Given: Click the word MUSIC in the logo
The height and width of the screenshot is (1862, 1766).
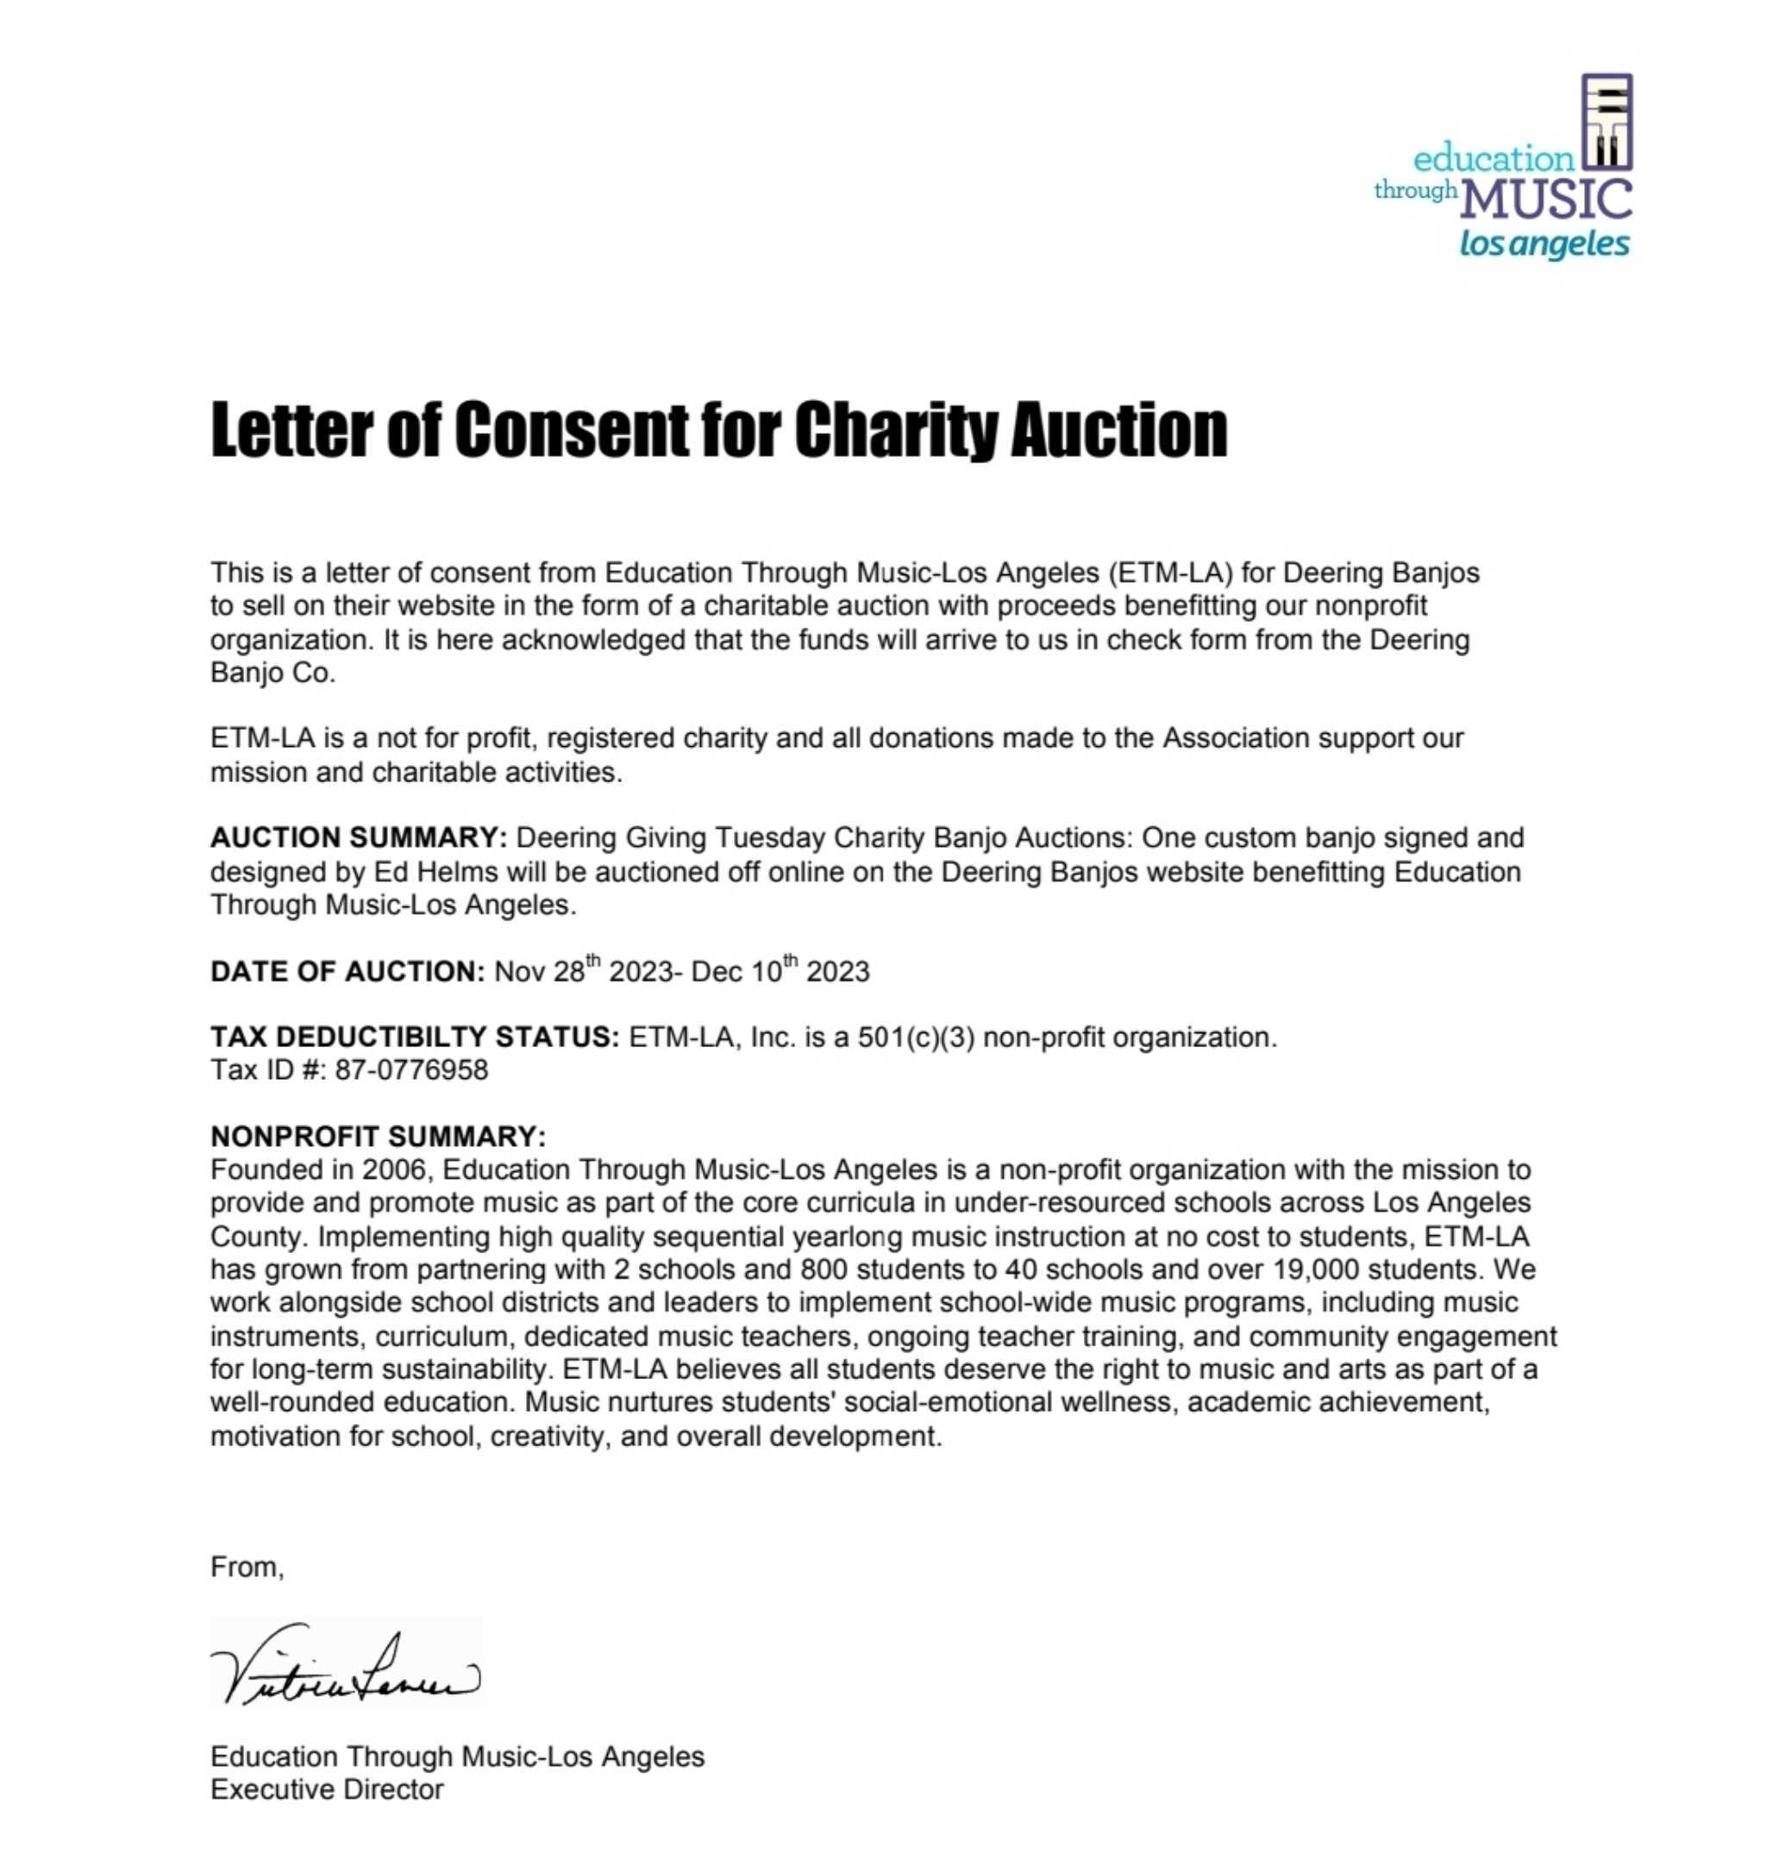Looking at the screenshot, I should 1548,200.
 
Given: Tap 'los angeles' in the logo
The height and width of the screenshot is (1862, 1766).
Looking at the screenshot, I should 1544,245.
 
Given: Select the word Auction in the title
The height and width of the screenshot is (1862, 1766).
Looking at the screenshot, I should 1118,430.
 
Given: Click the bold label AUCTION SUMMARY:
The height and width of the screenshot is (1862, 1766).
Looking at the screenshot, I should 359,837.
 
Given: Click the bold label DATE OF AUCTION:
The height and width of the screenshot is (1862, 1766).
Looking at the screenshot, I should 348,970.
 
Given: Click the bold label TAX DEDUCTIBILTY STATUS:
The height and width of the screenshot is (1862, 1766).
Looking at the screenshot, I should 414,1037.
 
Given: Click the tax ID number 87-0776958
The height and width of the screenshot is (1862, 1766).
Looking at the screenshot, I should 411,1069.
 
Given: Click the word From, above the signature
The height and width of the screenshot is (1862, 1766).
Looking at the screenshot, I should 247,1566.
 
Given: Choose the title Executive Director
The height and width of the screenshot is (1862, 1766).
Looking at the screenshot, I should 327,1789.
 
